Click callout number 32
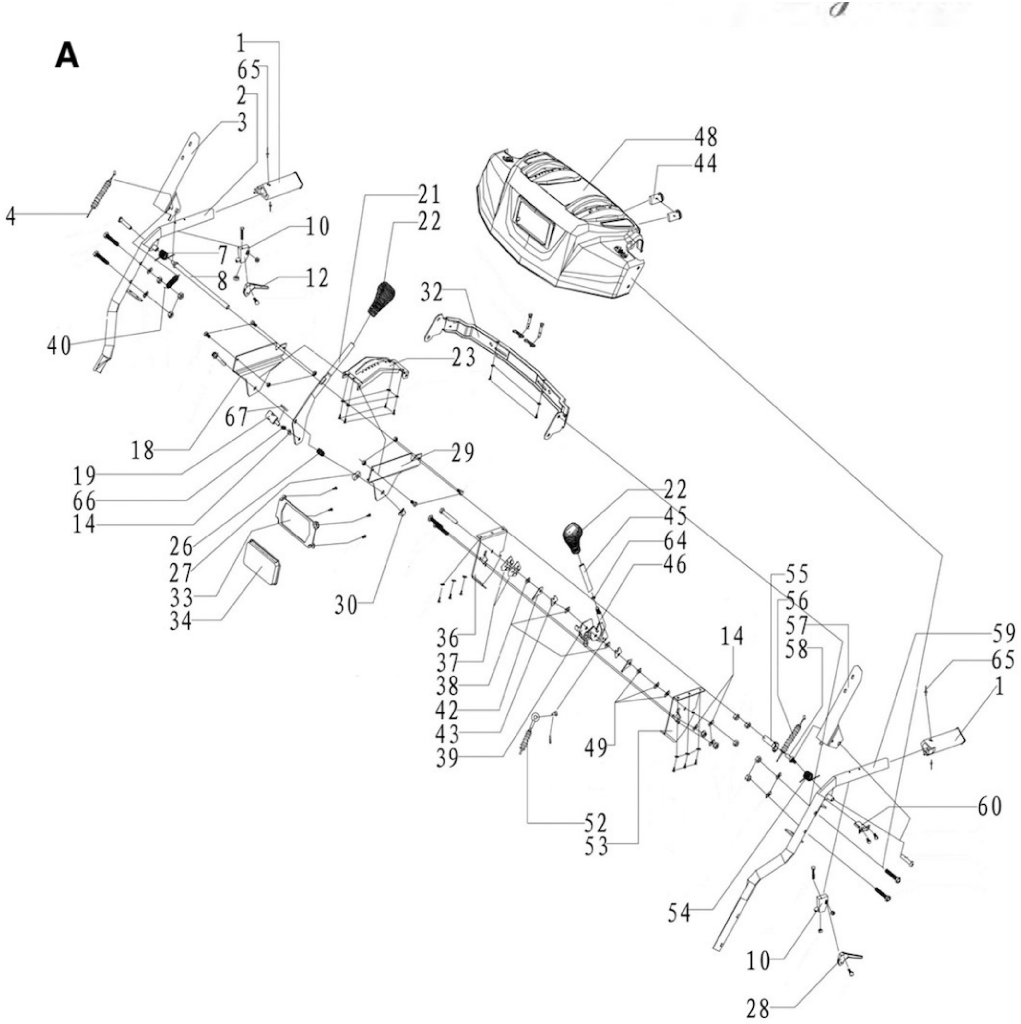432,292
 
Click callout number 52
595,823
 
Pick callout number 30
346,605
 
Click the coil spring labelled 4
101,194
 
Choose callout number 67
236,418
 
